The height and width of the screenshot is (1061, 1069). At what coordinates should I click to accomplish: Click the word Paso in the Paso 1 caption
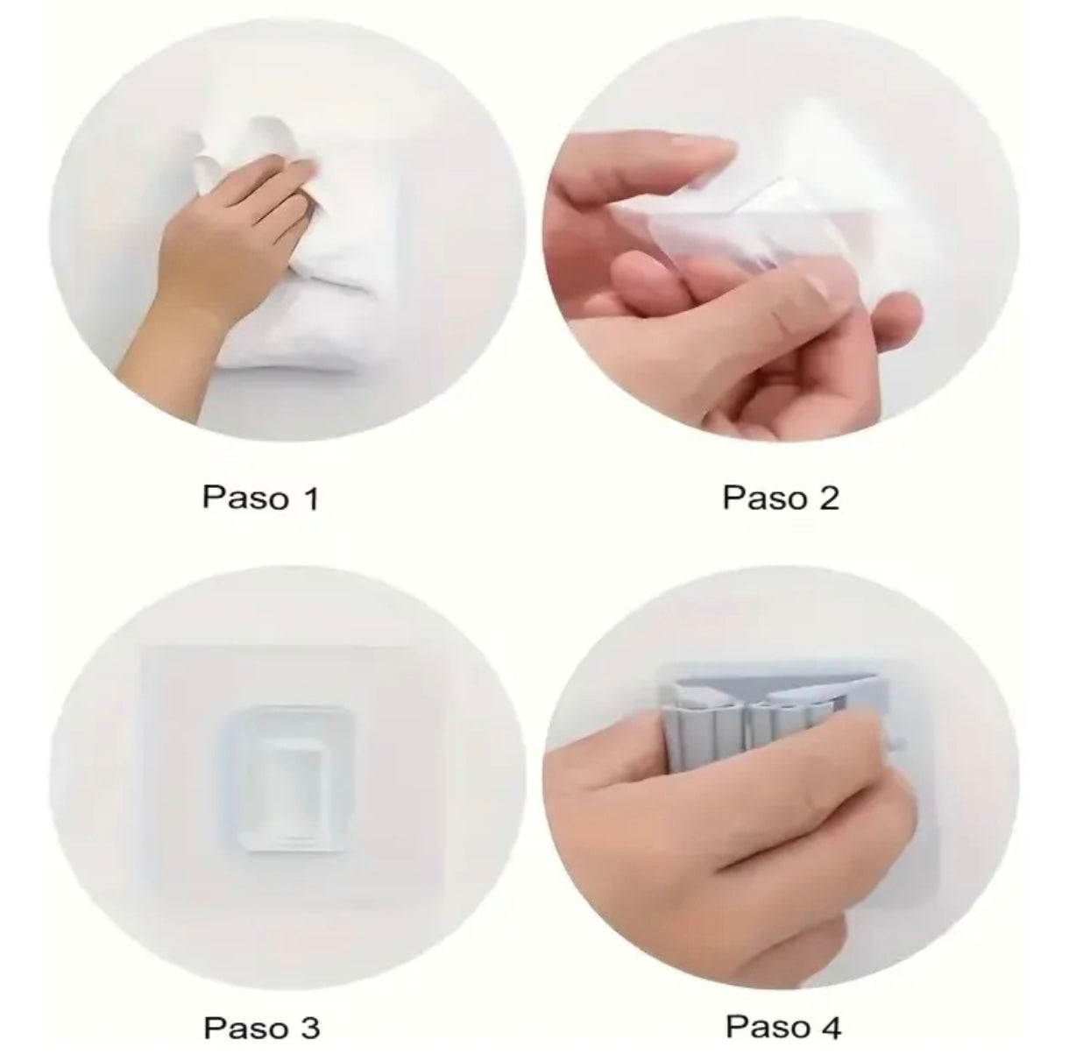tap(245, 497)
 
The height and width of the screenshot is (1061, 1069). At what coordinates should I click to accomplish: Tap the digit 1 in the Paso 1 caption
tap(311, 497)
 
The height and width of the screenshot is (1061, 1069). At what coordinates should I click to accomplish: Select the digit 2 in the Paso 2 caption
tap(828, 497)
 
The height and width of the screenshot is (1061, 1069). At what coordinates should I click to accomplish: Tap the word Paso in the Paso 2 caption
tap(766, 497)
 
